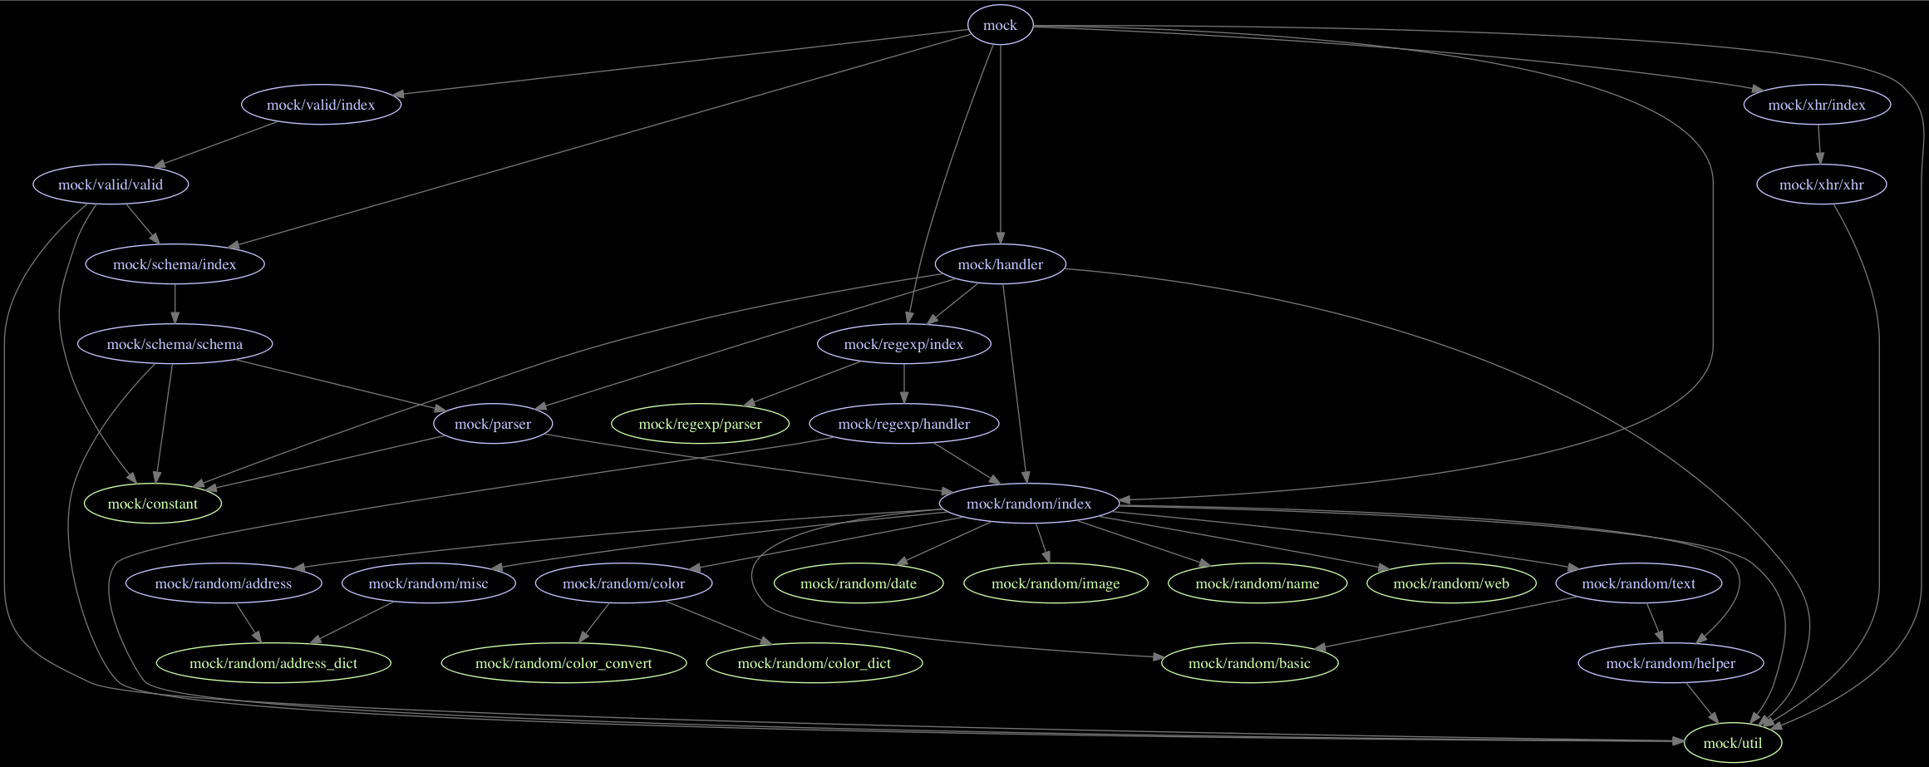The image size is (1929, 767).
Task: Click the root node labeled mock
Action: [1000, 25]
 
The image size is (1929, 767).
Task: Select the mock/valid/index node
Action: [321, 105]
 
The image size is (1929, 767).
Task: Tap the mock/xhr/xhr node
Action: [1821, 184]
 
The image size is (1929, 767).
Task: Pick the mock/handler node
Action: [1000, 264]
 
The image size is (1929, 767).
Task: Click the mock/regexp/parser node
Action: [700, 424]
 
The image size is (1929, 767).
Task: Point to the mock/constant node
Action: [153, 504]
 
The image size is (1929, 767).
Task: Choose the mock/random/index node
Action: [1028, 504]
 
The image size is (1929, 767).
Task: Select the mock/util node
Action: [1732, 743]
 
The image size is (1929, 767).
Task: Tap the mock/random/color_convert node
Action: [563, 663]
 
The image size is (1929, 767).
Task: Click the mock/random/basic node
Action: [1249, 663]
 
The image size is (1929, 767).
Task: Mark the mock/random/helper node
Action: [1671, 663]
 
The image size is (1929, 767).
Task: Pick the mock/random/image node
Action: [1056, 583]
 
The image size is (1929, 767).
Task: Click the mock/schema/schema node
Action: [175, 344]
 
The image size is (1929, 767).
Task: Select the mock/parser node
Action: [493, 424]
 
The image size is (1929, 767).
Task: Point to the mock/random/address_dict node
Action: [273, 663]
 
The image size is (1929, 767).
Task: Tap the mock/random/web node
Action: [1451, 583]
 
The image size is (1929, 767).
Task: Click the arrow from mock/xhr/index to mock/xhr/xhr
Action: [1819, 145]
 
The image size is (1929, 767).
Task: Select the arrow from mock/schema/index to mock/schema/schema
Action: [175, 304]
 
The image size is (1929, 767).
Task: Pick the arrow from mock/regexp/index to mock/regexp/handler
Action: [904, 384]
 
